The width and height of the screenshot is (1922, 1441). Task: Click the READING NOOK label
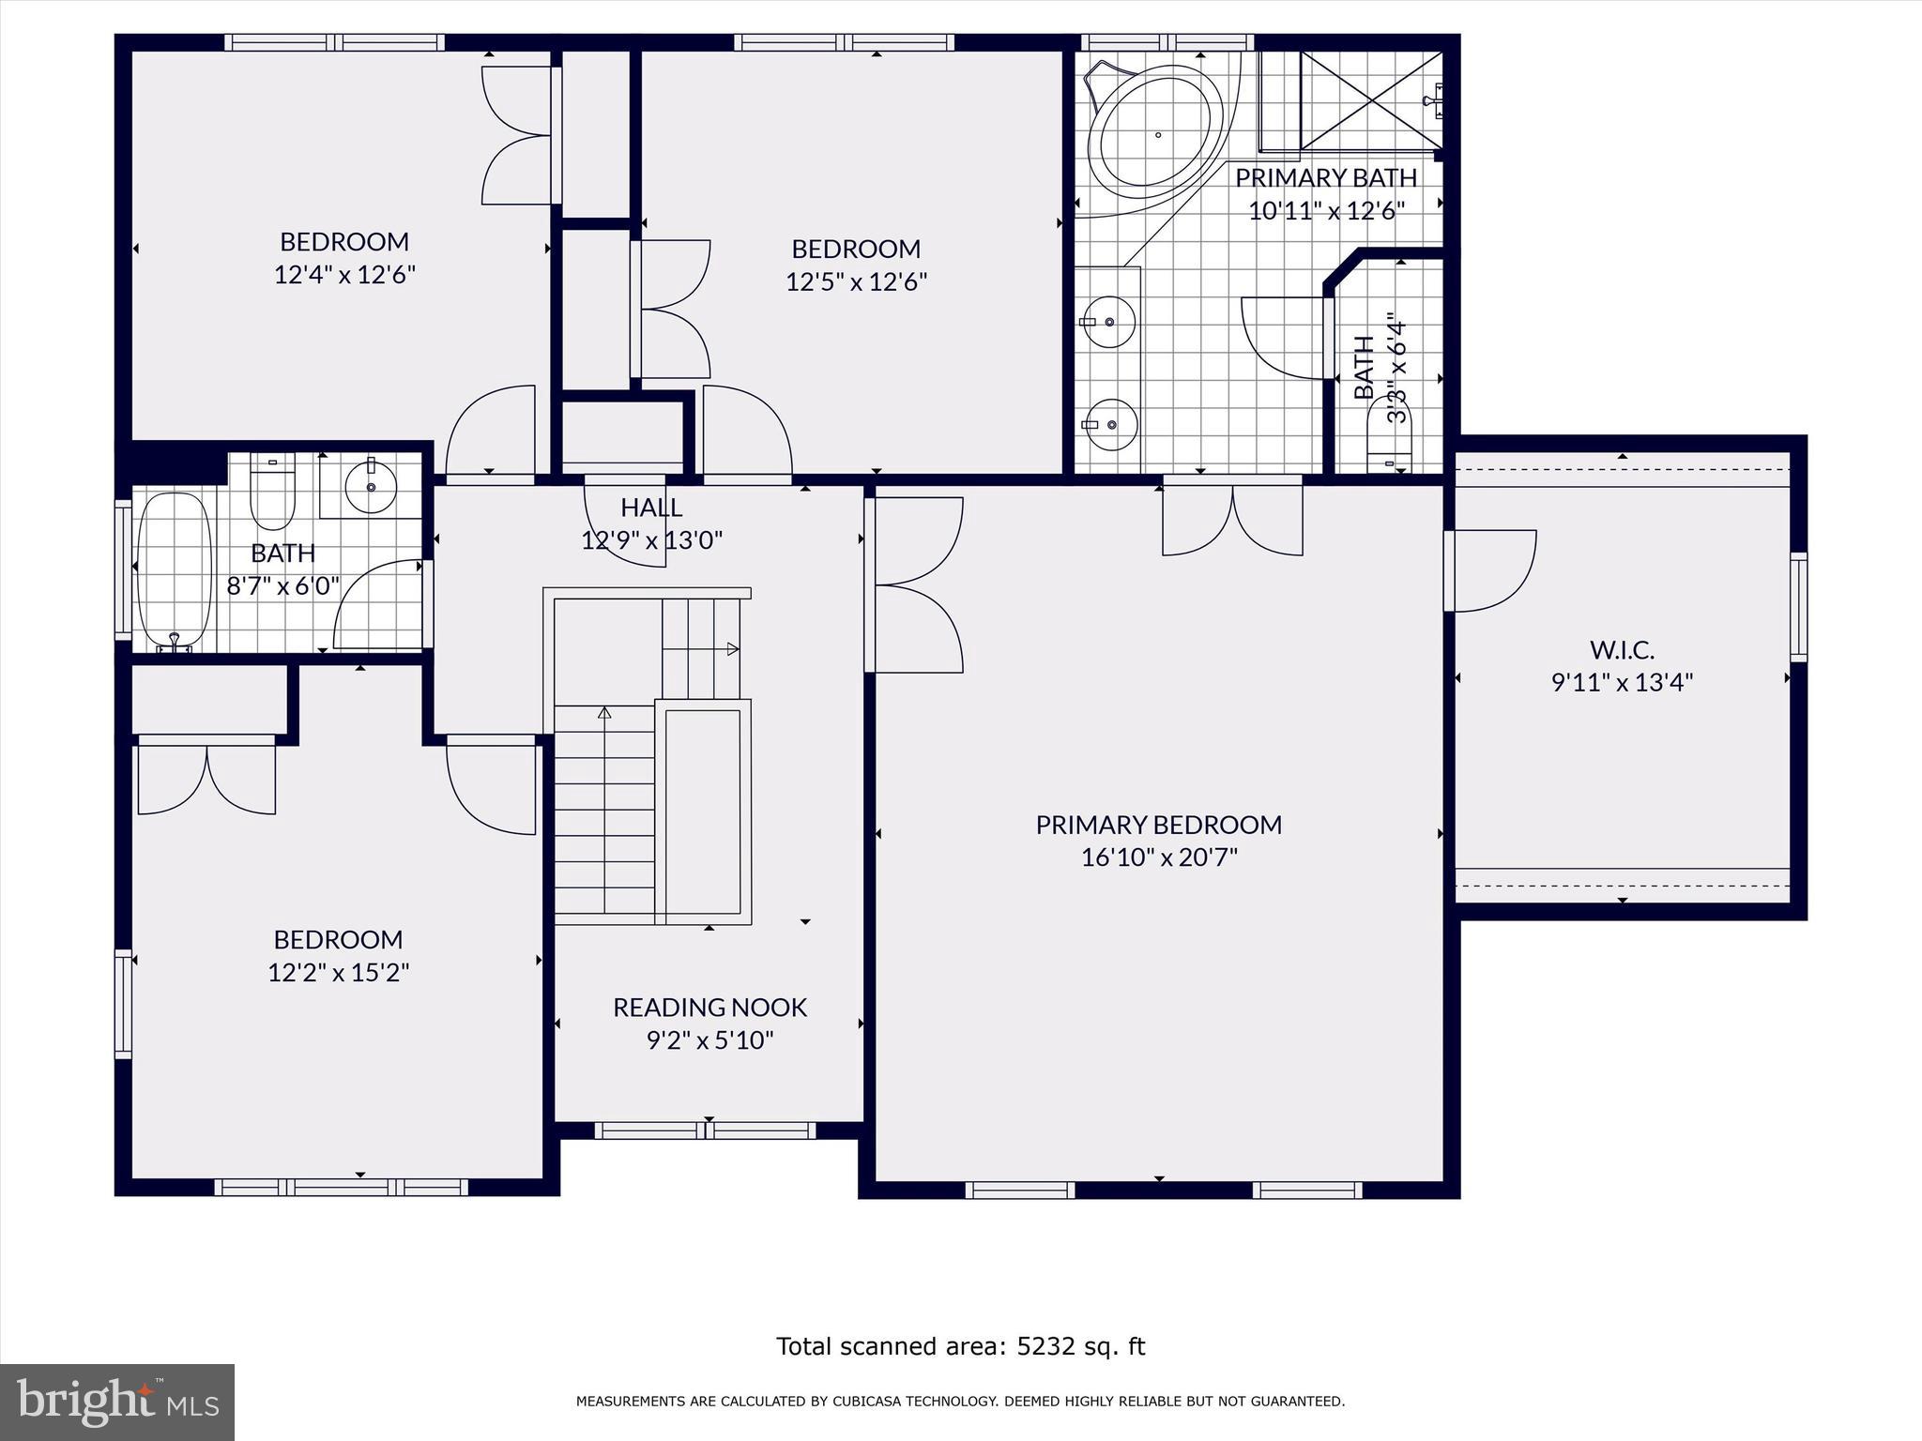pyautogui.click(x=709, y=1008)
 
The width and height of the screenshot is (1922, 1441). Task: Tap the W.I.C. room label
pyautogui.click(x=1622, y=649)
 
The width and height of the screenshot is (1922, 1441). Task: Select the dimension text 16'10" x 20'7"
pyautogui.click(x=1159, y=857)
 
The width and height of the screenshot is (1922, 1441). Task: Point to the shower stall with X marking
pyautogui.click(x=1371, y=100)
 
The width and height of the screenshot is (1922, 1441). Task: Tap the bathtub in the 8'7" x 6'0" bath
pyautogui.click(x=175, y=570)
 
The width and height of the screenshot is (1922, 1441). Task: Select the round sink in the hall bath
pyautogui.click(x=371, y=486)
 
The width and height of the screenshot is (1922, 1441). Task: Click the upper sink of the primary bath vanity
pyautogui.click(x=1109, y=322)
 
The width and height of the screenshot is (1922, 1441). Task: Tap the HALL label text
pyautogui.click(x=651, y=508)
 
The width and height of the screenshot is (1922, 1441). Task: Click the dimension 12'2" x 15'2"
pyautogui.click(x=338, y=973)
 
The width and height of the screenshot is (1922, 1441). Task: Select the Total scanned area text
pyautogui.click(x=960, y=1346)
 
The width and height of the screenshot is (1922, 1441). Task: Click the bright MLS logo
pyautogui.click(x=117, y=1402)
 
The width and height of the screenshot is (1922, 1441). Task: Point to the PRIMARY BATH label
pyautogui.click(x=1325, y=177)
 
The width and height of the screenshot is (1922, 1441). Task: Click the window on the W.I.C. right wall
pyautogui.click(x=1797, y=607)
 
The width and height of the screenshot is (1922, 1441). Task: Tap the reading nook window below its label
pyautogui.click(x=706, y=1130)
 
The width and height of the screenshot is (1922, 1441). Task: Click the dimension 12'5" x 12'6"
pyautogui.click(x=856, y=282)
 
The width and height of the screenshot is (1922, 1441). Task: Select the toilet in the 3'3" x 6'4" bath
pyautogui.click(x=1389, y=450)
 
